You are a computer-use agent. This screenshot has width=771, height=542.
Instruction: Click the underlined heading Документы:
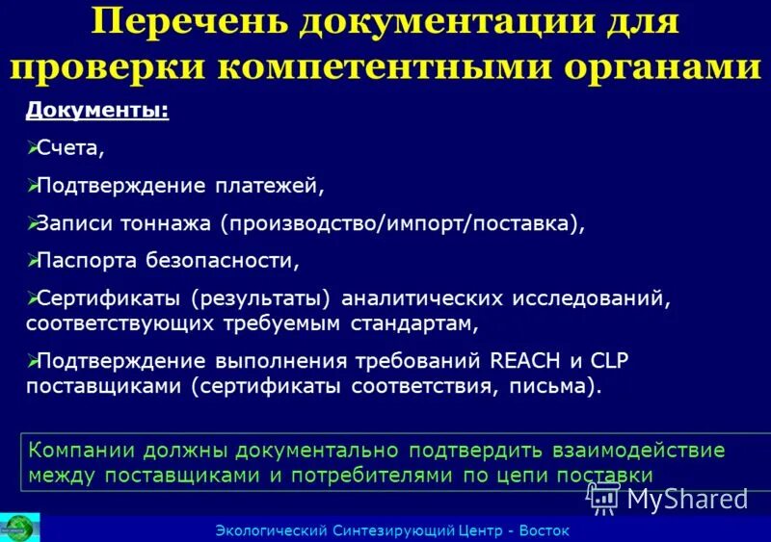coord(97,112)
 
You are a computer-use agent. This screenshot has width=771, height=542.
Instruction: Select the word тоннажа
coord(165,223)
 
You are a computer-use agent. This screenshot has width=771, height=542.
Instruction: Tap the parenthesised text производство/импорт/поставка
coord(399,223)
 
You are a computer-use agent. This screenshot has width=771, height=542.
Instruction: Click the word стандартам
coord(420,323)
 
